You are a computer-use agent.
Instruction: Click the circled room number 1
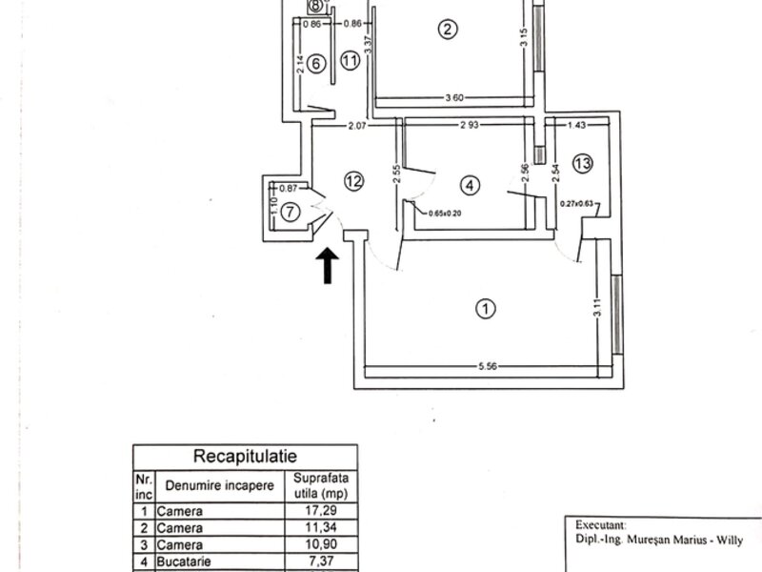pyautogui.click(x=486, y=309)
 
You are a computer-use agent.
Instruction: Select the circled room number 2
pyautogui.click(x=447, y=29)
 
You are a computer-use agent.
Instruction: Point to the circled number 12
pyautogui.click(x=354, y=181)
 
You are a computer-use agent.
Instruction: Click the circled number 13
pyautogui.click(x=583, y=163)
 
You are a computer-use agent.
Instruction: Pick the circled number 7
pyautogui.click(x=291, y=211)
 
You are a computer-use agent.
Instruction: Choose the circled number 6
pyautogui.click(x=318, y=63)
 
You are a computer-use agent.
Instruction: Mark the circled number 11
pyautogui.click(x=351, y=61)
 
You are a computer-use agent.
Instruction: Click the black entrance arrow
pyautogui.click(x=327, y=266)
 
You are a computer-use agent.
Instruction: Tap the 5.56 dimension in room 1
pyautogui.click(x=486, y=366)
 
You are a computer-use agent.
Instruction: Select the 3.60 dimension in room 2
pyautogui.click(x=461, y=97)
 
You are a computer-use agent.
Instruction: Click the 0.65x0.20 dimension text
pyautogui.click(x=445, y=214)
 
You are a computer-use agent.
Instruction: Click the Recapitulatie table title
pyautogui.click(x=246, y=456)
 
